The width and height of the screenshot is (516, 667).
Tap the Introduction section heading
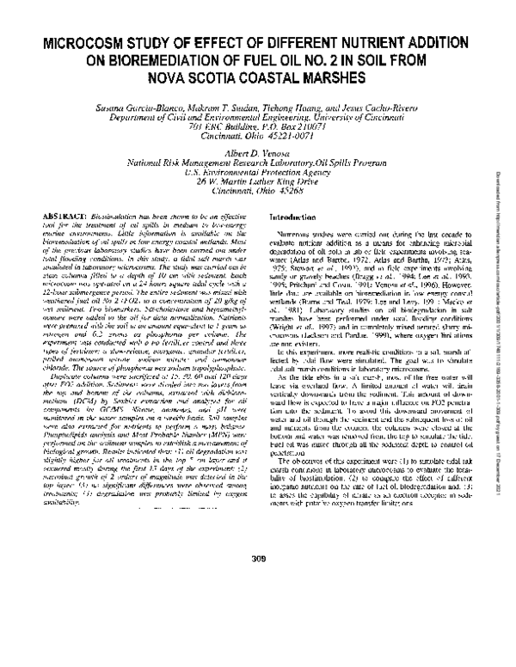[295, 219]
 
